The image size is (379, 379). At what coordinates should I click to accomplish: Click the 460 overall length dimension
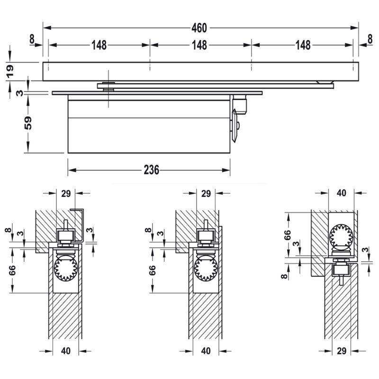(x=199, y=28)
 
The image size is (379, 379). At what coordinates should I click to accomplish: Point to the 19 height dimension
(x=10, y=71)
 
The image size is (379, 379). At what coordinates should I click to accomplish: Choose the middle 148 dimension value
(x=199, y=45)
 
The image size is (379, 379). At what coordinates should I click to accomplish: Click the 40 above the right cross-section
(x=341, y=193)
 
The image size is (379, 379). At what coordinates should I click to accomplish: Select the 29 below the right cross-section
(x=342, y=351)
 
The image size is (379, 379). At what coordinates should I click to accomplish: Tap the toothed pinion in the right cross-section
(x=341, y=235)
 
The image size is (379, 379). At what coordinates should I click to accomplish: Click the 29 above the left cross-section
(x=66, y=193)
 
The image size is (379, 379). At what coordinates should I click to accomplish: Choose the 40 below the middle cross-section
(x=206, y=351)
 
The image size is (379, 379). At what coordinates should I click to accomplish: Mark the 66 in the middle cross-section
(x=152, y=270)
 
